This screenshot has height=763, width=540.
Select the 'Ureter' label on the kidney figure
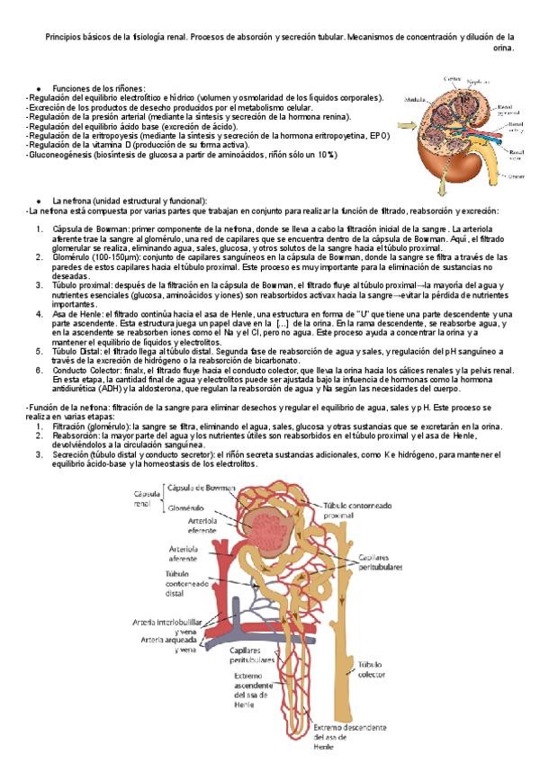pos(517,176)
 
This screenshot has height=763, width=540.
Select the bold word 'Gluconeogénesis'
pos(58,154)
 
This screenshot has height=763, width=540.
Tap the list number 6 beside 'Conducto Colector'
pos(40,370)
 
